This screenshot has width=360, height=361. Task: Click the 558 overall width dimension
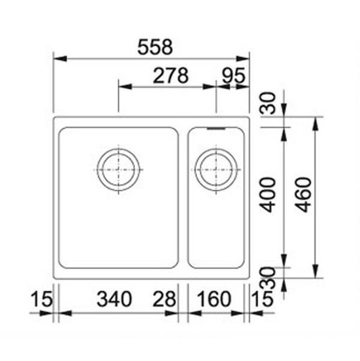point(155,47)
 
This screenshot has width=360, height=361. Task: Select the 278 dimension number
point(170,76)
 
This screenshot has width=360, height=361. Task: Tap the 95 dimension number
point(233,76)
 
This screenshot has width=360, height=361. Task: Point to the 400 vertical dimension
point(268,195)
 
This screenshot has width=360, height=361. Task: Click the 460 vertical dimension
point(304,195)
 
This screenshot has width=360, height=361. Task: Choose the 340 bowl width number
point(114,299)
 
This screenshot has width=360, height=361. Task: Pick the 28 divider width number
point(164,299)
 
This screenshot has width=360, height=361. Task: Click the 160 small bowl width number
point(214,299)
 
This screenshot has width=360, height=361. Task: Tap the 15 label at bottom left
point(41,299)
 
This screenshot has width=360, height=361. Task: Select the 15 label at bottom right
point(262,299)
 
